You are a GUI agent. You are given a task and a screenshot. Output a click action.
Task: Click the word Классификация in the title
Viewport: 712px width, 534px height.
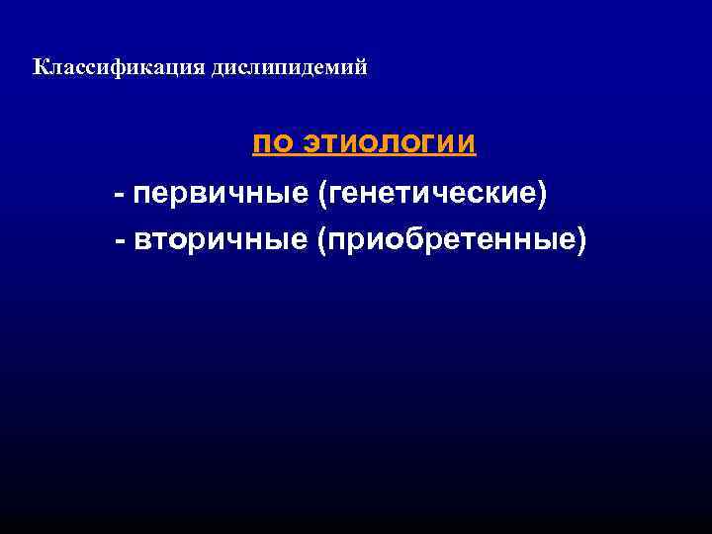118,68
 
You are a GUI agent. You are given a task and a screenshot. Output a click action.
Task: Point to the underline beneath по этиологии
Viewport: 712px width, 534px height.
364,156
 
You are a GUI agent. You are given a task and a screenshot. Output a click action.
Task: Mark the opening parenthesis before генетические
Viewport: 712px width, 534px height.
321,193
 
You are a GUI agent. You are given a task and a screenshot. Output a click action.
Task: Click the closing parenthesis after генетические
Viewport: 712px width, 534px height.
541,193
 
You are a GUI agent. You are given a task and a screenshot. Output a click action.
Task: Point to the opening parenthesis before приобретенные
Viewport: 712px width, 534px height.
321,240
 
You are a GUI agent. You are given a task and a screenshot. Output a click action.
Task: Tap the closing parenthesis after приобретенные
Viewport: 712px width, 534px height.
581,240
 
